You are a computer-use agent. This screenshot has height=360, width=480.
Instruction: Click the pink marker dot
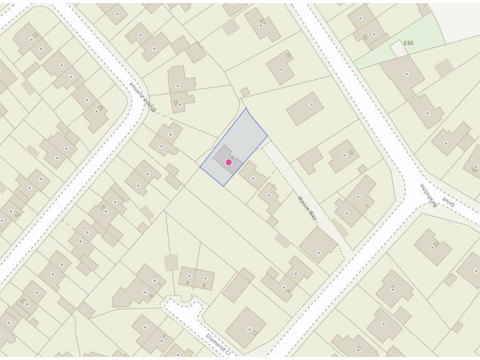coord(229,162)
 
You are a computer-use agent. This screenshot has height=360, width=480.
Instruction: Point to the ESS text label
coord(409,43)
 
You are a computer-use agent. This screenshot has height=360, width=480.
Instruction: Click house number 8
coord(187,283)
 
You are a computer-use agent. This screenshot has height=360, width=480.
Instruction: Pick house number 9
coord(204,286)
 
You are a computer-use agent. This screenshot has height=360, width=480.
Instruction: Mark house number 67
coord(436,244)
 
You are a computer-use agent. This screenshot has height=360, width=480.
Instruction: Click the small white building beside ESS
coord(397,47)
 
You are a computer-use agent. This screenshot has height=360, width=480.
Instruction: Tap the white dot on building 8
coord(189,276)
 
